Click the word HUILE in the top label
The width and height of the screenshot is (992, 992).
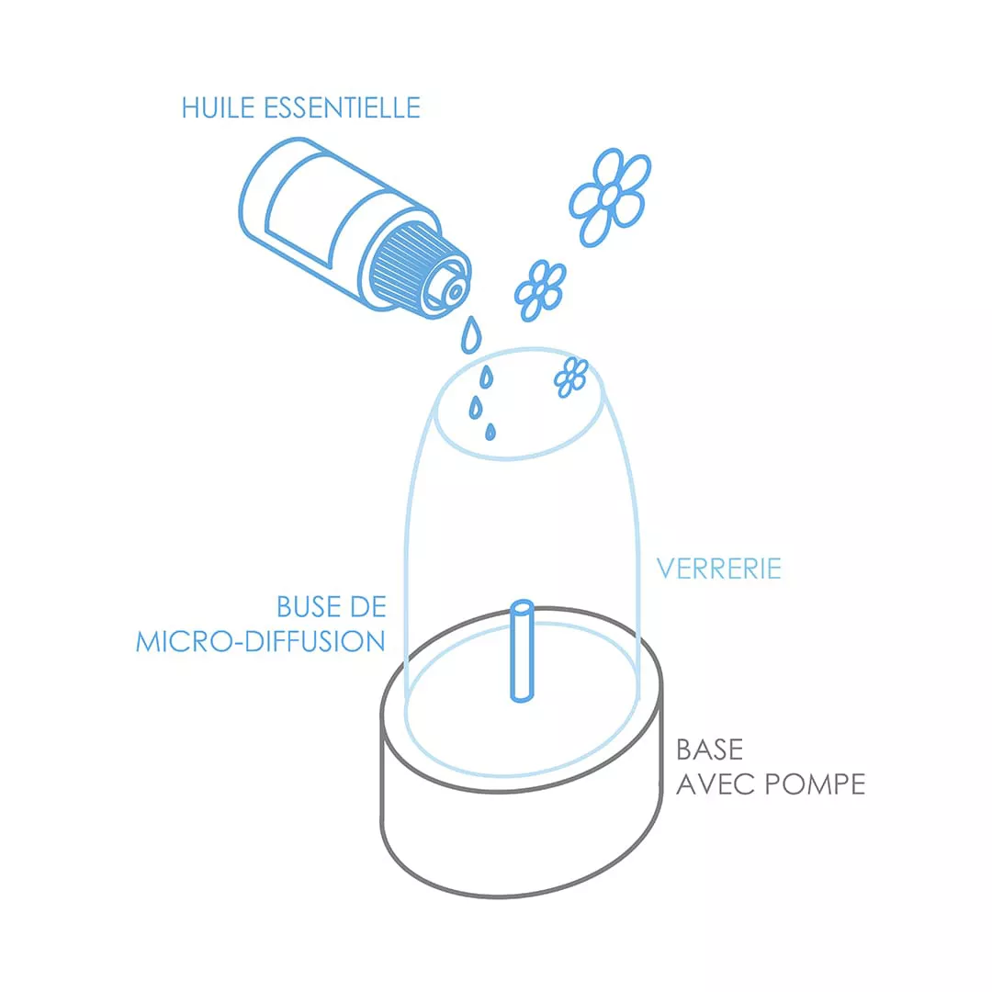(x=219, y=107)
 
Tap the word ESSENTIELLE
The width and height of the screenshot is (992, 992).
(x=343, y=107)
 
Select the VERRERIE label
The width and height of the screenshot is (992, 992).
(x=719, y=569)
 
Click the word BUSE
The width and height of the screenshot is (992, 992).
(x=306, y=607)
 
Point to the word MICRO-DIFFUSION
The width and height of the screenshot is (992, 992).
(x=261, y=641)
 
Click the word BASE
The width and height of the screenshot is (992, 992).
(x=710, y=750)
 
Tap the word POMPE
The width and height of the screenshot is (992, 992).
(x=815, y=784)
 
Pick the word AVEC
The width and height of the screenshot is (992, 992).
(x=716, y=784)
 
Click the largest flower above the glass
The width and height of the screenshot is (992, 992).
(x=610, y=197)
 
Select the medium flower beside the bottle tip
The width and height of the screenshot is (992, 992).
(x=540, y=290)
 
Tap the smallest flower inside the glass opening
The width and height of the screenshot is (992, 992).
(x=570, y=378)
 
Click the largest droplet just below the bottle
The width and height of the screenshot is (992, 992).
(x=470, y=334)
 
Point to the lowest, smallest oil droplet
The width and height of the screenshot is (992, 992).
(x=490, y=432)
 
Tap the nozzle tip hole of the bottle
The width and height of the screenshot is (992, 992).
(x=455, y=292)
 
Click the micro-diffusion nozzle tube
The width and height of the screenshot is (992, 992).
(x=522, y=651)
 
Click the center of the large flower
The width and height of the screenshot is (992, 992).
(x=609, y=197)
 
